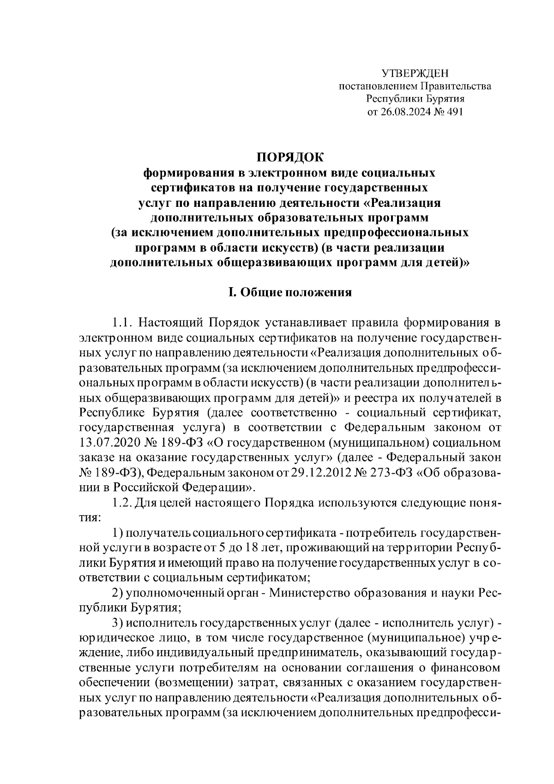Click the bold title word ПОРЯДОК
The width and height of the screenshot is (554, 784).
point(290,157)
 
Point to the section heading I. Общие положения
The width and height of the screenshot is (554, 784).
point(290,293)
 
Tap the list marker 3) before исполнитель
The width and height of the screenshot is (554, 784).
point(118,623)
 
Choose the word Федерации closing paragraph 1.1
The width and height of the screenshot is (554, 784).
point(217,487)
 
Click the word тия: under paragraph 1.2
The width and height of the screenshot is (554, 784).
point(89,518)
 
